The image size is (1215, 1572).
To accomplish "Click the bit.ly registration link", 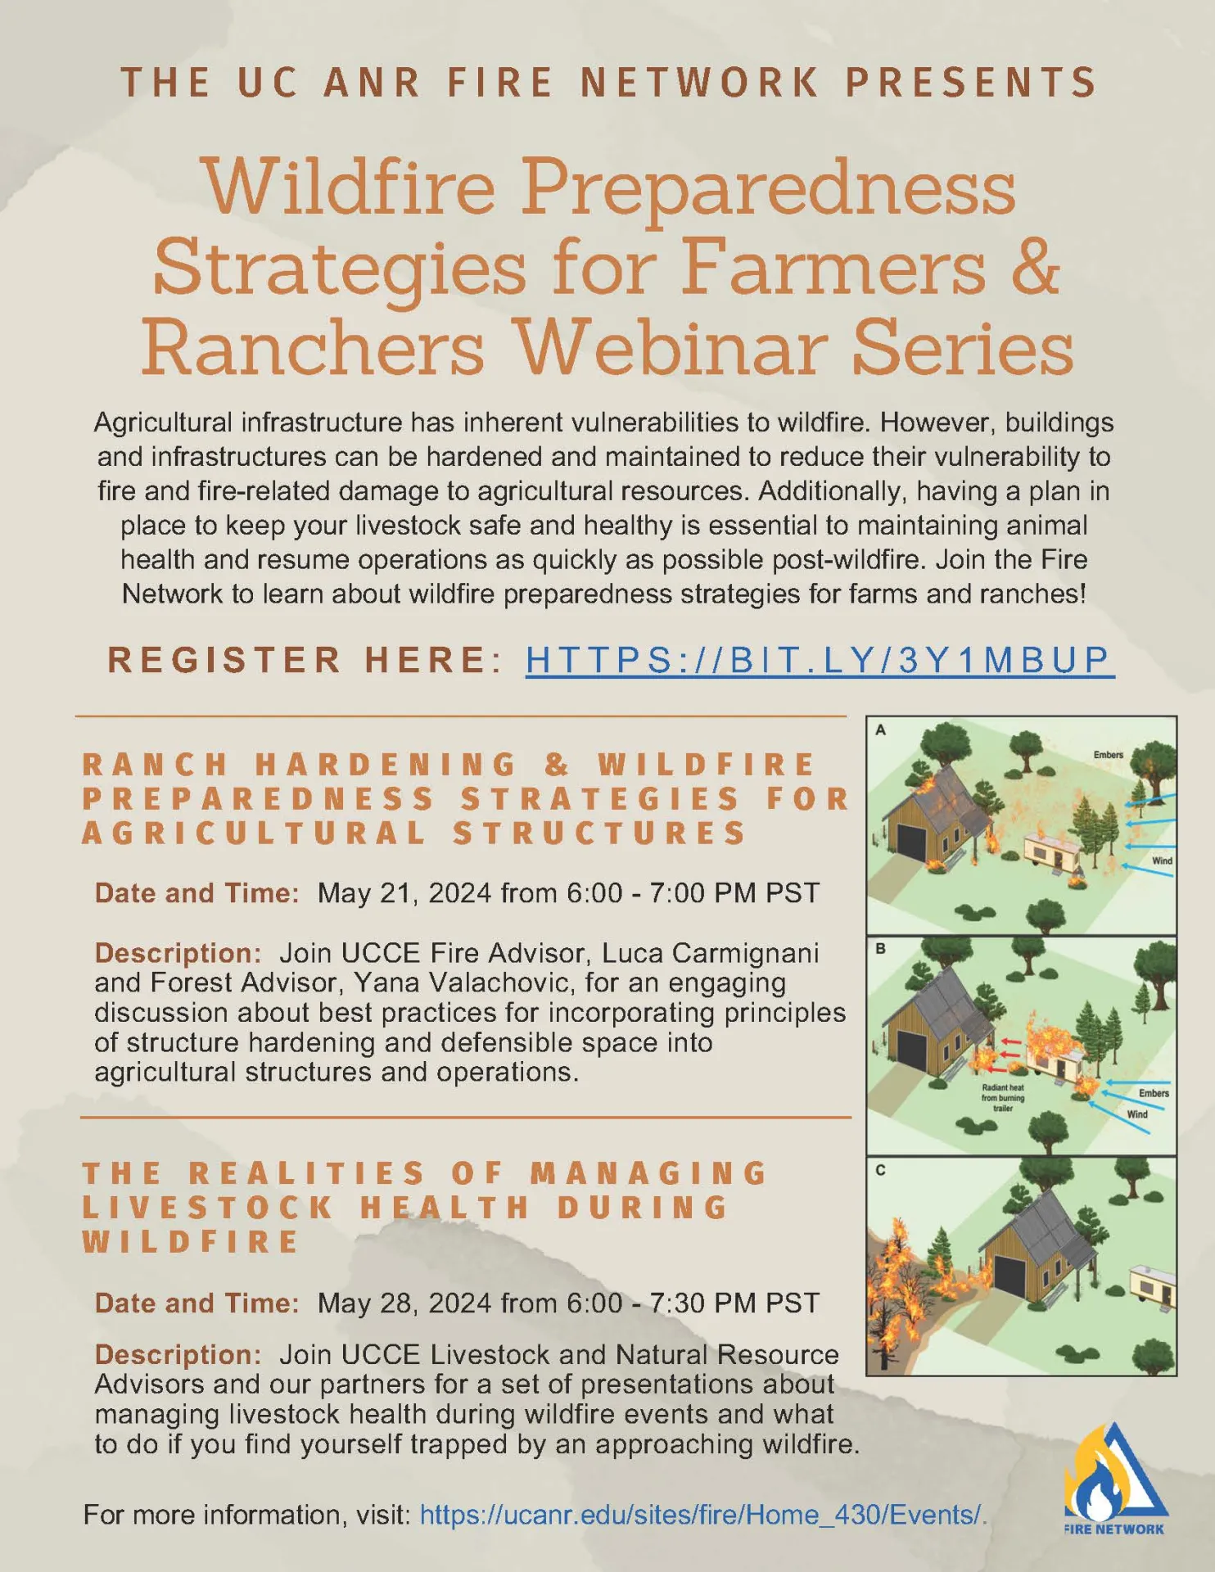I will [820, 660].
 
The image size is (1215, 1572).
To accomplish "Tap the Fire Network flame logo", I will [1114, 1474].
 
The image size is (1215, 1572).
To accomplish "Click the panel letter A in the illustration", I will [880, 730].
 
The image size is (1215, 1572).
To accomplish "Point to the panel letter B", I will [880, 949].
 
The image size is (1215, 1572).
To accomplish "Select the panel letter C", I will [880, 1170].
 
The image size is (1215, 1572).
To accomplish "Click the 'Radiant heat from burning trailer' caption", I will [1003, 1098].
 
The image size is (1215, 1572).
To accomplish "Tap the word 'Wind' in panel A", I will [1162, 861].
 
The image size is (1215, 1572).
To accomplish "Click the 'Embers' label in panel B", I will [1154, 1093].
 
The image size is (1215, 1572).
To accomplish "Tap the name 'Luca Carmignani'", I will [710, 953].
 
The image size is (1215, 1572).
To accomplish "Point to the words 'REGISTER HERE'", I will [297, 660].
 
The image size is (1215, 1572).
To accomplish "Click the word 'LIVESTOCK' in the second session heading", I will [208, 1208].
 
